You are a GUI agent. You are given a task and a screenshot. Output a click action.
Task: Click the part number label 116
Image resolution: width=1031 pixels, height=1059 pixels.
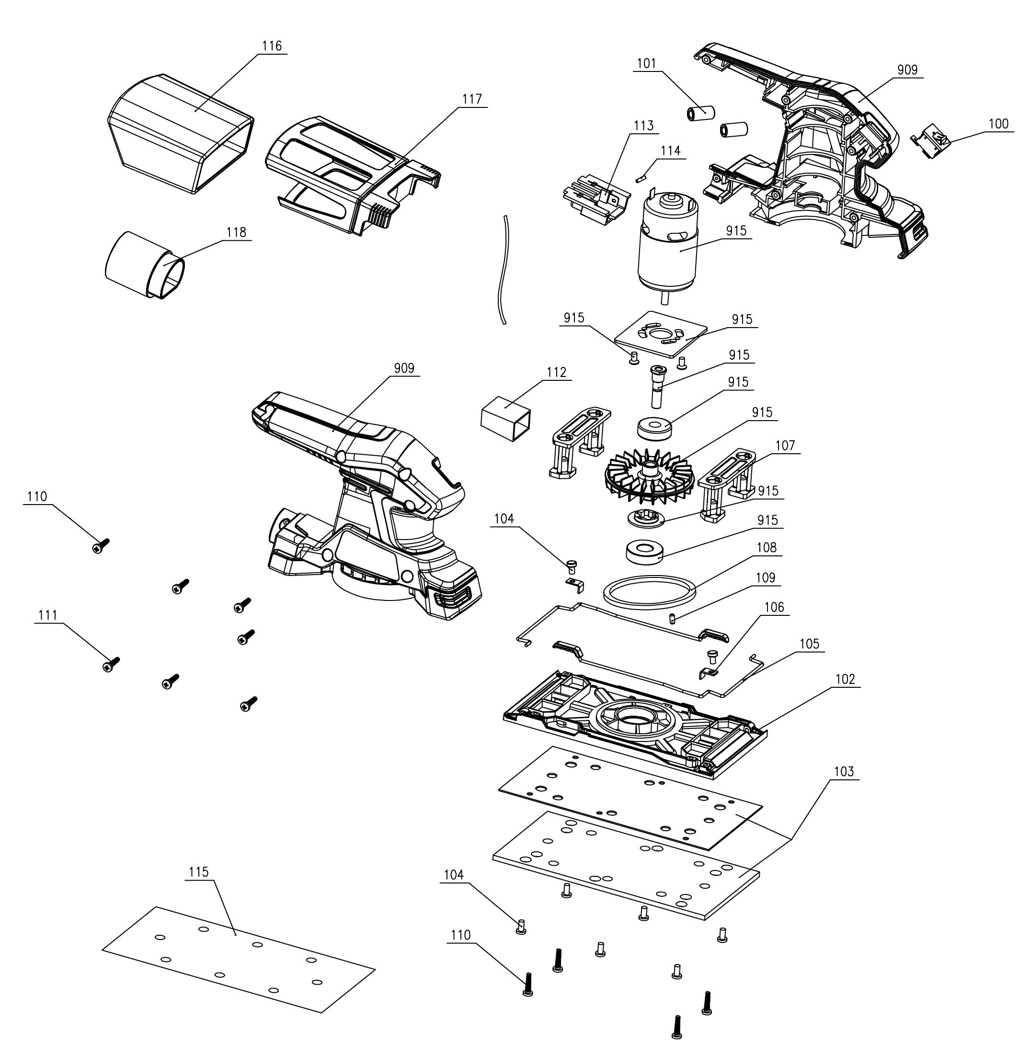pyautogui.click(x=272, y=46)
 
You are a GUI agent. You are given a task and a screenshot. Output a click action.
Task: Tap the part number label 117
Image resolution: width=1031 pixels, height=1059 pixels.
pyautogui.click(x=471, y=99)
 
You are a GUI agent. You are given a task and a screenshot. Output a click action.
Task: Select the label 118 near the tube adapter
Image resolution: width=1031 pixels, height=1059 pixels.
pyautogui.click(x=236, y=233)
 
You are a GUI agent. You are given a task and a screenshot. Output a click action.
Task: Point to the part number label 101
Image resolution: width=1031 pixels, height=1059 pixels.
pyautogui.click(x=646, y=64)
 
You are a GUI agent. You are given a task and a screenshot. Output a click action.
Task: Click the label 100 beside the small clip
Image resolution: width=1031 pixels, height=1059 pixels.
pyautogui.click(x=998, y=124)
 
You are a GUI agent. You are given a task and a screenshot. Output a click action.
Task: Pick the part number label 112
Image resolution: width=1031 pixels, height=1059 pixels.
pyautogui.click(x=556, y=372)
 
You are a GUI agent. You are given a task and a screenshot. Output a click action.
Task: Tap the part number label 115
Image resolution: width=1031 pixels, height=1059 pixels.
pyautogui.click(x=199, y=872)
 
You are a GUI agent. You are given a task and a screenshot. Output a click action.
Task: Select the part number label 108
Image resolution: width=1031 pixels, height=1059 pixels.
pyautogui.click(x=766, y=547)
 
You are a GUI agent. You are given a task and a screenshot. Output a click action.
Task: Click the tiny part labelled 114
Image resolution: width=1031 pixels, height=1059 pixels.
pyautogui.click(x=641, y=176)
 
